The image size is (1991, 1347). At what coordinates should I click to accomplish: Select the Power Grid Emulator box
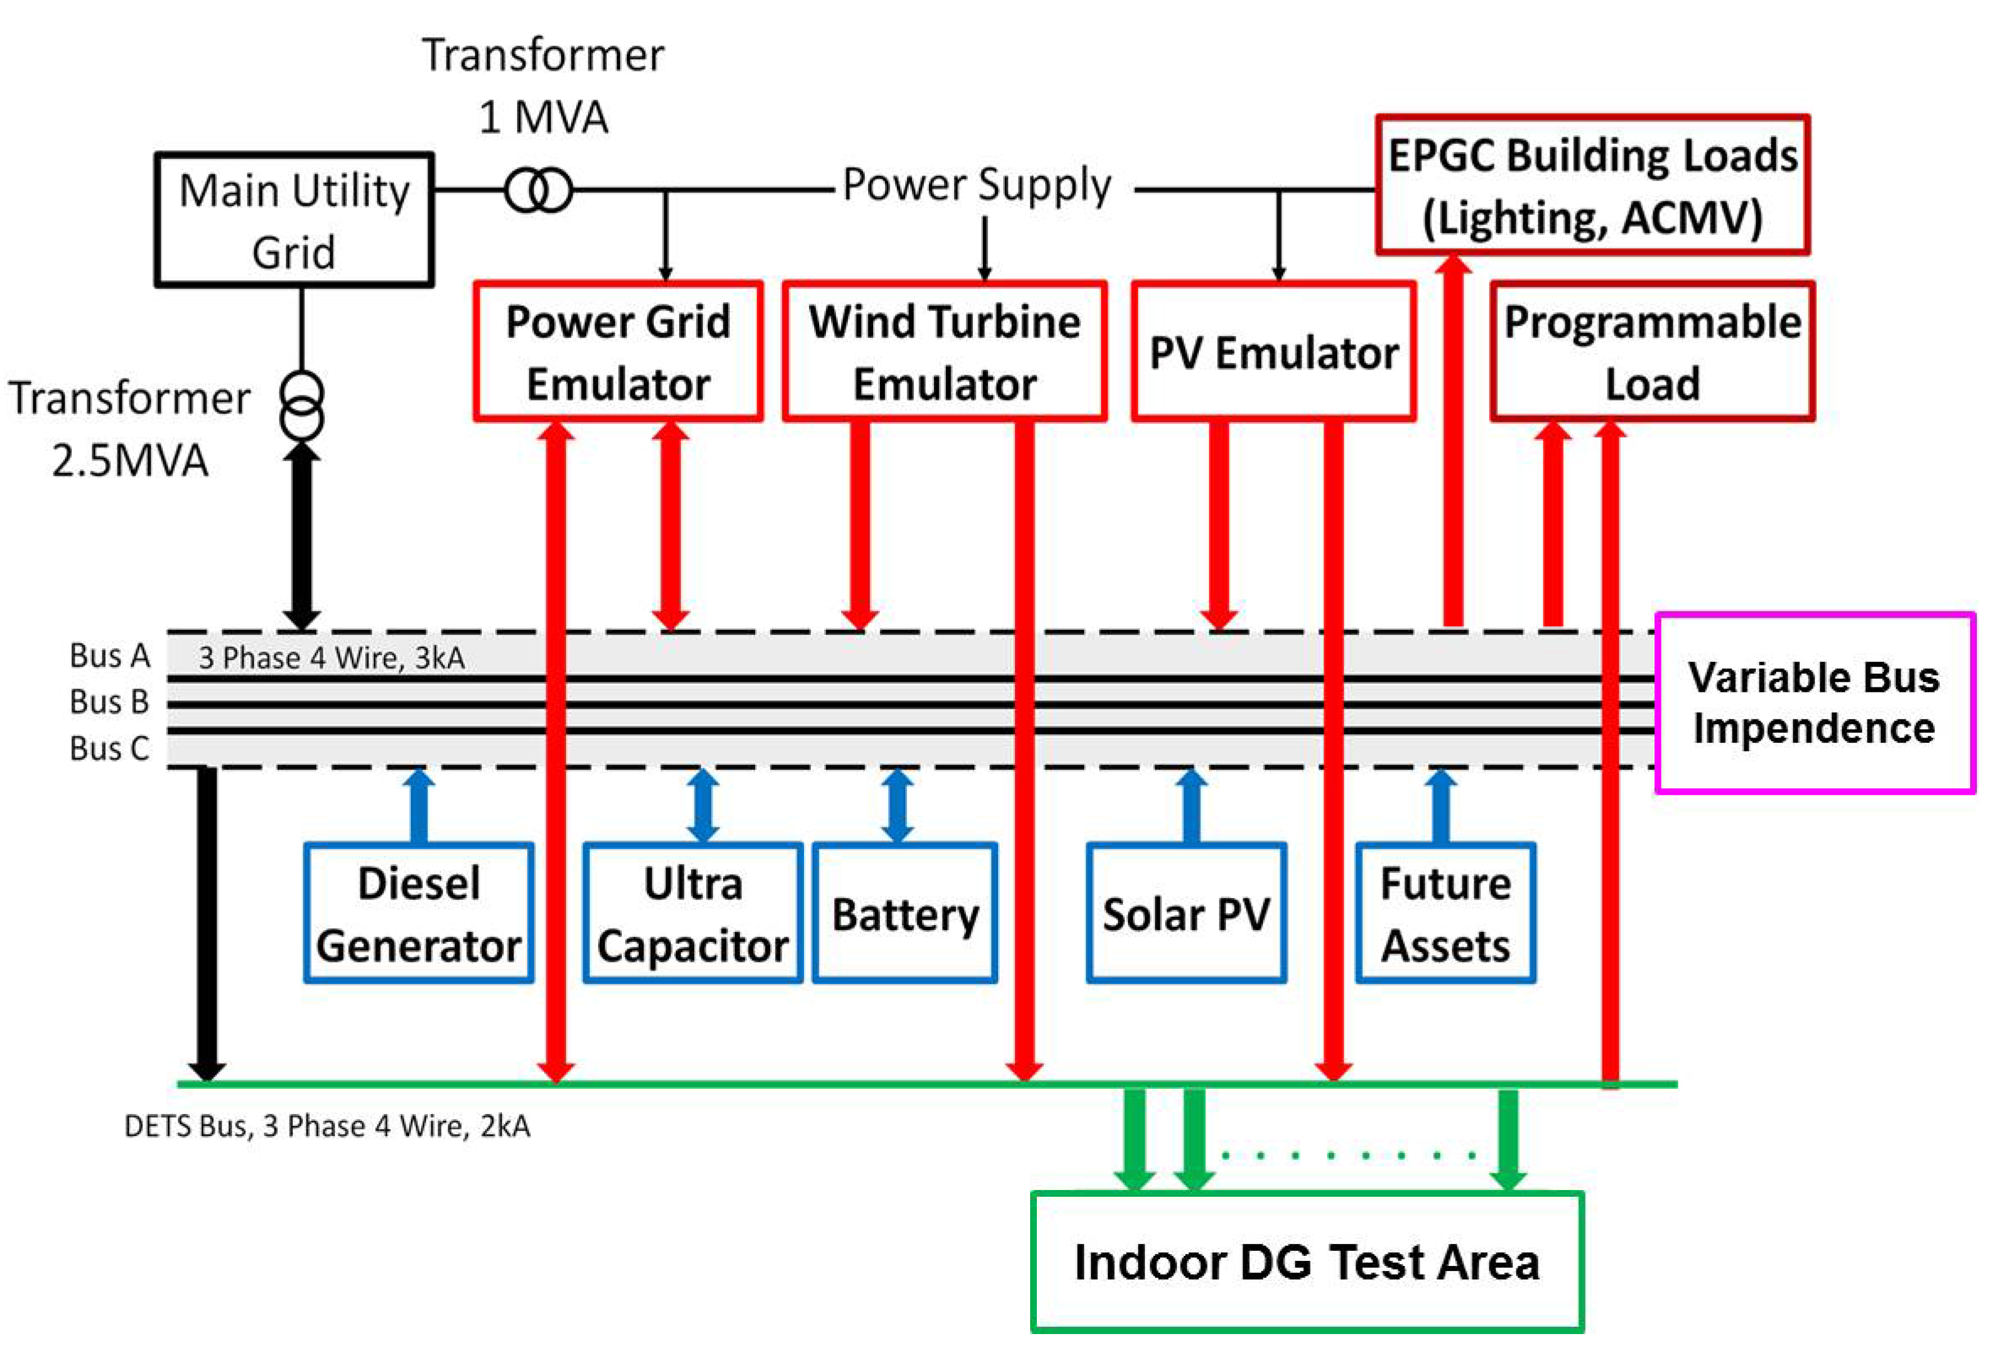[618, 352]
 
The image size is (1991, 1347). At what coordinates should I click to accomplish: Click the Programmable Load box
[1652, 352]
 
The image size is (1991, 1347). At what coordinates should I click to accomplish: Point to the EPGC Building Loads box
[1592, 185]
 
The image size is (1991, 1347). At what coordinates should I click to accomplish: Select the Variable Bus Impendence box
[1814, 702]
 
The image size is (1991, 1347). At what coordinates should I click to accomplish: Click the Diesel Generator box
[419, 913]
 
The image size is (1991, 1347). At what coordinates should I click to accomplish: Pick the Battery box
[905, 913]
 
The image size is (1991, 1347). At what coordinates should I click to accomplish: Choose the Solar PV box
[1186, 913]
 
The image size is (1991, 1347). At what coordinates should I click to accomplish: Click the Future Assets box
[1445, 913]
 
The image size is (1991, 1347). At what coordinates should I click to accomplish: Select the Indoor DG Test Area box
[1307, 1262]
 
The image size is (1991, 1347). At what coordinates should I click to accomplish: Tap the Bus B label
[110, 702]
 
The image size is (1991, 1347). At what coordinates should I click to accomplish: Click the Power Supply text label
[977, 185]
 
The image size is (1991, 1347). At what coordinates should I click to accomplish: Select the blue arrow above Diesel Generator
[419, 805]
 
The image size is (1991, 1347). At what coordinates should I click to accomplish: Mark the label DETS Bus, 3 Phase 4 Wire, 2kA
[327, 1126]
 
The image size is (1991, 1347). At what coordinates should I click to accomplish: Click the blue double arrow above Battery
[897, 805]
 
